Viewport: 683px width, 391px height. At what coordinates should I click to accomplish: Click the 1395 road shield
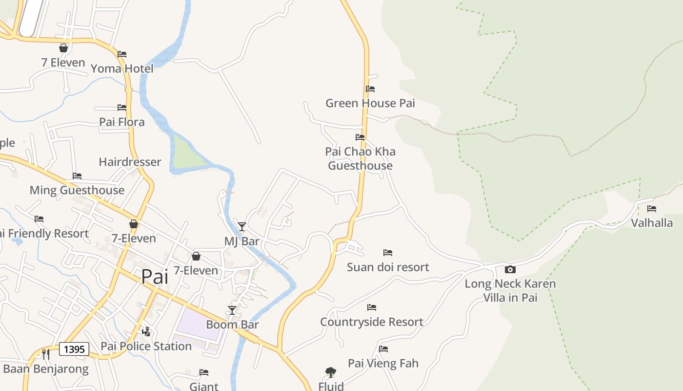74,349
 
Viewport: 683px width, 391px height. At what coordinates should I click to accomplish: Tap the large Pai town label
155,277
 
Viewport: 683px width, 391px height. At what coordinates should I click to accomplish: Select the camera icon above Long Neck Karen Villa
510,269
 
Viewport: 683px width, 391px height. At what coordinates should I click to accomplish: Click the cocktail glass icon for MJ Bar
241,226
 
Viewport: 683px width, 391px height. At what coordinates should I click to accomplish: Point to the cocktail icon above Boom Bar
232,310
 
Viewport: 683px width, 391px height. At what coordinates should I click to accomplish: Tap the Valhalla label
652,223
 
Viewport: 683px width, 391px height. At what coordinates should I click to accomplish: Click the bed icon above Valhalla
652,209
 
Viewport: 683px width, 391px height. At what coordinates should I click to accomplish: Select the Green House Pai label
370,103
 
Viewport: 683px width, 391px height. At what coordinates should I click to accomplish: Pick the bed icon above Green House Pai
370,89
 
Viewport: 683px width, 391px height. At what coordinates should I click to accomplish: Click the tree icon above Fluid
331,372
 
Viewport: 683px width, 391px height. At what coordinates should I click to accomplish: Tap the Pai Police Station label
146,346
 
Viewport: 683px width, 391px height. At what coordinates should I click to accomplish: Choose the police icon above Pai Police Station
146,332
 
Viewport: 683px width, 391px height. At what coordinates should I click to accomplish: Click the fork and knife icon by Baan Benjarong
46,354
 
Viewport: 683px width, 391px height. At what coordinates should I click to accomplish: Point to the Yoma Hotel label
122,68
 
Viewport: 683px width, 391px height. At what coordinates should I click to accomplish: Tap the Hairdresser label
130,162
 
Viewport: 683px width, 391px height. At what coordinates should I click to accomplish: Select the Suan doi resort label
388,267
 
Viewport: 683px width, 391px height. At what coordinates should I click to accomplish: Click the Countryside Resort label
372,322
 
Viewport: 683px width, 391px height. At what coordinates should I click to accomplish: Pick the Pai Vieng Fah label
383,363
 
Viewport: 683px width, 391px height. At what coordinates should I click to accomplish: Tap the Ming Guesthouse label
77,190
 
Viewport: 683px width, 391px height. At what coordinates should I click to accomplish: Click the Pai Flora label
122,122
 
